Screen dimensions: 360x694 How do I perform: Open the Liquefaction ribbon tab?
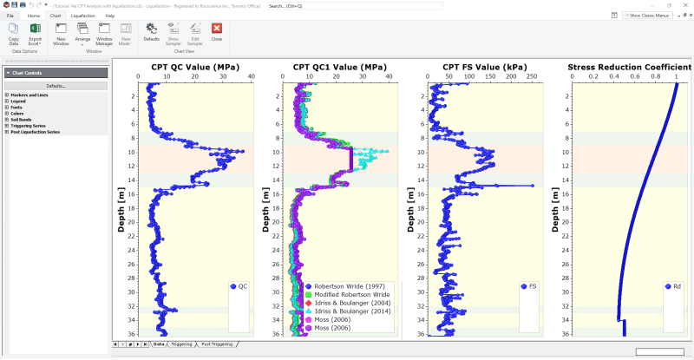pos(84,16)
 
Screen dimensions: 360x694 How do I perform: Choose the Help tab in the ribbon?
pos(110,16)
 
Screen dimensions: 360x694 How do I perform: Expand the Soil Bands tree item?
pos(7,119)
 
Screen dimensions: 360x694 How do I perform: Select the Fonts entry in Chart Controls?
pos(17,107)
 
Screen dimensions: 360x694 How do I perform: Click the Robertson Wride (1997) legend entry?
pos(345,285)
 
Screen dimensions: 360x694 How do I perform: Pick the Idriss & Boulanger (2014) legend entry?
pos(349,311)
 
